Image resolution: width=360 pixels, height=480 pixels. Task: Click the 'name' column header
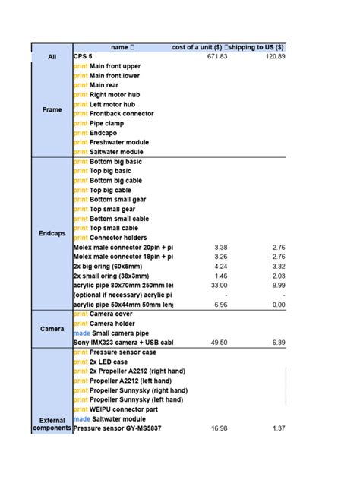pyautogui.click(x=122, y=47)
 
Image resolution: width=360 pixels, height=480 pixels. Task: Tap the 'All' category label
pyautogui.click(x=52, y=57)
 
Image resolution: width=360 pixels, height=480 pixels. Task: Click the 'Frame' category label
pyautogui.click(x=52, y=109)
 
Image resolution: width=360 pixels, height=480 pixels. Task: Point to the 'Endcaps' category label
pyautogui.click(x=52, y=233)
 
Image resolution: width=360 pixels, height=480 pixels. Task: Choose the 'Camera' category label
pyautogui.click(x=52, y=329)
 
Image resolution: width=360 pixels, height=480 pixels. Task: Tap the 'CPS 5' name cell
pyautogui.click(x=84, y=57)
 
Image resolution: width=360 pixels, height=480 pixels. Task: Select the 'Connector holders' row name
pyautogui.click(x=118, y=238)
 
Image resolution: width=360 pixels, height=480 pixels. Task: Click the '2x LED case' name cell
pyautogui.click(x=110, y=362)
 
